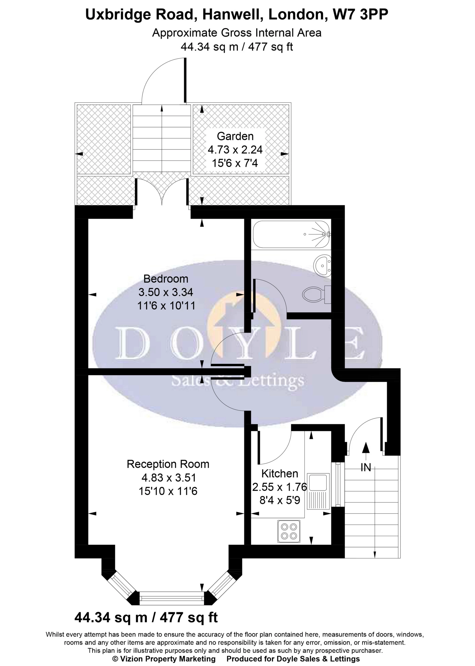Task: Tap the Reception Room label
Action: point(168,464)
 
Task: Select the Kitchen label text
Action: point(280,473)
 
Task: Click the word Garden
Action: point(235,136)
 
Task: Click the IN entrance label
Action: point(366,467)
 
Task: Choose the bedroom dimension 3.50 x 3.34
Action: point(166,292)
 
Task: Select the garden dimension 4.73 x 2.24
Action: point(235,150)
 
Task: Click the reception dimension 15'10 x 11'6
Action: point(168,491)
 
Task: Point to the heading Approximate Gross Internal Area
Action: point(237,33)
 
